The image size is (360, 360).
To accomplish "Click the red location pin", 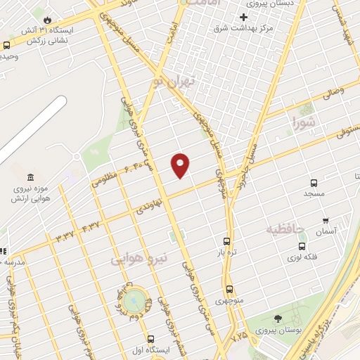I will point(181,165).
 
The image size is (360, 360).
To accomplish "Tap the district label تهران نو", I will point(173,82).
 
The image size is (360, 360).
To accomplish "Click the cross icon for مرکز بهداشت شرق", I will point(244,17).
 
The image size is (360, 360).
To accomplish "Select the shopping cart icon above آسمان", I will point(325,220).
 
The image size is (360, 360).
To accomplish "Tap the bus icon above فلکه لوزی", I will point(302,247).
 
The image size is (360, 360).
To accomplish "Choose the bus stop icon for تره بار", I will point(226,240).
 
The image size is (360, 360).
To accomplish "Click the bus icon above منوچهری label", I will point(229,289).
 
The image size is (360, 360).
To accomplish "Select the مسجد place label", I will point(313,193).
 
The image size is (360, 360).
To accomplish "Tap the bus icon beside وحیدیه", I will point(7,45).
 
